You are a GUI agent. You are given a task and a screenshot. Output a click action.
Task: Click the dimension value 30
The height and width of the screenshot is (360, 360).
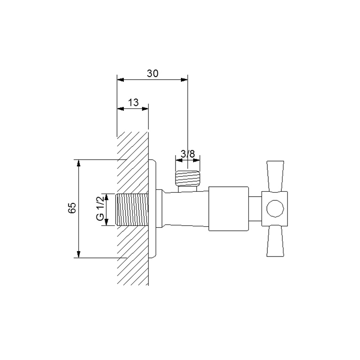point(153,73)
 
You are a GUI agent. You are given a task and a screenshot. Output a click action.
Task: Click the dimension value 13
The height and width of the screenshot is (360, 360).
point(133,102)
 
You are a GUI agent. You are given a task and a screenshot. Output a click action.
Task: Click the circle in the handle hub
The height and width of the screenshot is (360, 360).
point(274,208)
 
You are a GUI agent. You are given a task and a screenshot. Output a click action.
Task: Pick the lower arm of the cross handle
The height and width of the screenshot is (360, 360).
point(275,243)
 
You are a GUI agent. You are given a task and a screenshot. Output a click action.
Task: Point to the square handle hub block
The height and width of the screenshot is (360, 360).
point(274,208)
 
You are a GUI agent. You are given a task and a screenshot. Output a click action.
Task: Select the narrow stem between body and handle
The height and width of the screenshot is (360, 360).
point(256,209)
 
